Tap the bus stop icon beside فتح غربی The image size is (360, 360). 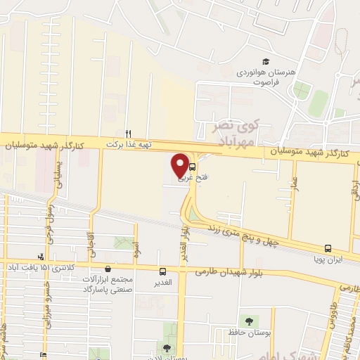coord(193,169)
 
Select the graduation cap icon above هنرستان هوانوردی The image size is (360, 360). coord(266,63)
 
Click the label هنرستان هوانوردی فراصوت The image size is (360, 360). coord(278,77)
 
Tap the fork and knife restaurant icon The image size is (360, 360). coord(128,133)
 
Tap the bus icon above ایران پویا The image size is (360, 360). coord(328,248)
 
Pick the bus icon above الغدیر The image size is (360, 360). coord(163,271)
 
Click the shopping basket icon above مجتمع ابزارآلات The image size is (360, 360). coord(107,269)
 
